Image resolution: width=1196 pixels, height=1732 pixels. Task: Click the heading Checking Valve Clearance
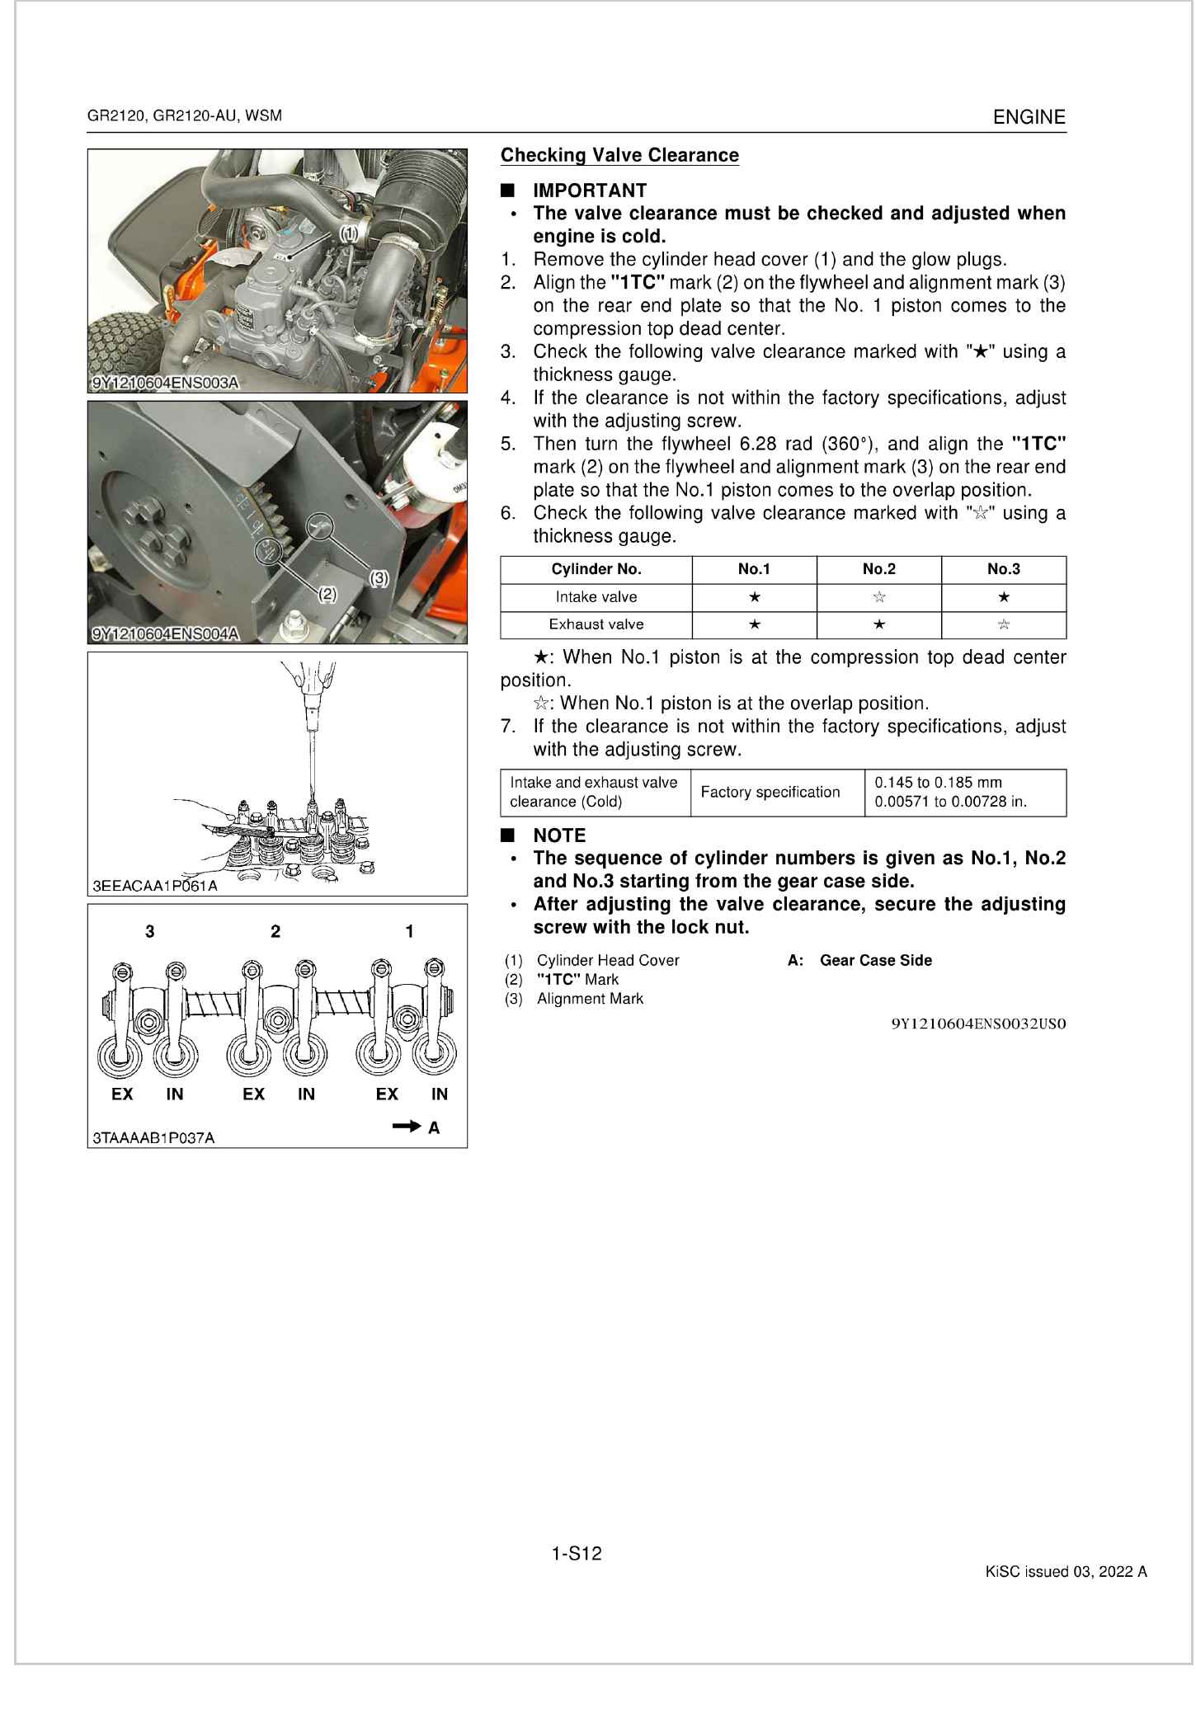(619, 155)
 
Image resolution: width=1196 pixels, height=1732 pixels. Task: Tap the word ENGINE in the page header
(1029, 117)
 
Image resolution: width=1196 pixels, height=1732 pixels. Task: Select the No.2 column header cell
(878, 569)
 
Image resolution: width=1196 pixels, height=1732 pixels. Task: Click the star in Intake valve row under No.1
(754, 597)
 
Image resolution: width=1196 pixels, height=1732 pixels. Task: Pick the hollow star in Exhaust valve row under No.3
(1003, 624)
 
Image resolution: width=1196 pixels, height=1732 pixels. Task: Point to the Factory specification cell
(770, 793)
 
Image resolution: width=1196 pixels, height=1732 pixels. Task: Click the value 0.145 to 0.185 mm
(938, 783)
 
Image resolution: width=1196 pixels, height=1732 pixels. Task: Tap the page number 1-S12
(577, 1554)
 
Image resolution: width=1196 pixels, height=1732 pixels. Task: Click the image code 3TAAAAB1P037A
(153, 1137)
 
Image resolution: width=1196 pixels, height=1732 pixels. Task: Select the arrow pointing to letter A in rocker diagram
(407, 1126)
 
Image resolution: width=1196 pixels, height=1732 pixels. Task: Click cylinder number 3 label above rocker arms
(149, 931)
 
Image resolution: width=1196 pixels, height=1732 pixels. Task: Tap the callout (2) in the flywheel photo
(327, 594)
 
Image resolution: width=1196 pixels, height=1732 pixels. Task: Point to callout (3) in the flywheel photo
(379, 578)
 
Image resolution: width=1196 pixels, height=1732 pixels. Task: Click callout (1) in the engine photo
(349, 233)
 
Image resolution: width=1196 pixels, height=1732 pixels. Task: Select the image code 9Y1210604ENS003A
(165, 384)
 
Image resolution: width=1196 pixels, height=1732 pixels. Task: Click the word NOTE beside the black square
(558, 835)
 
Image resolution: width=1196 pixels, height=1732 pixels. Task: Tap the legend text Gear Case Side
(875, 960)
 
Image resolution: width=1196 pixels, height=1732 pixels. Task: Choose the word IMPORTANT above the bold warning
(589, 191)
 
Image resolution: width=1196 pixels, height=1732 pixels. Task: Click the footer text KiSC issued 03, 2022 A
(1066, 1572)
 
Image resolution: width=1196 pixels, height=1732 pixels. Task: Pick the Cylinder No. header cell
(596, 569)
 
